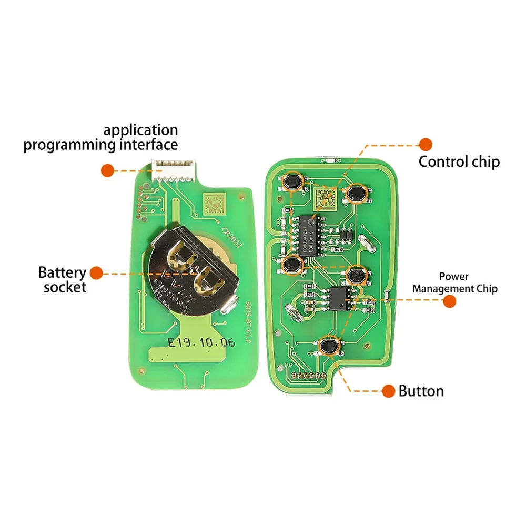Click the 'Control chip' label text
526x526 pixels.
click(459, 161)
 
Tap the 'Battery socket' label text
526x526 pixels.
click(62, 280)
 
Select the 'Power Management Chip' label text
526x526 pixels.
click(454, 282)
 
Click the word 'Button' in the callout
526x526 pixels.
click(421, 391)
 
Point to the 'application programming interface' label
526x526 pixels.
click(100, 137)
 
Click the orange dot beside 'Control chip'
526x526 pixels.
click(425, 144)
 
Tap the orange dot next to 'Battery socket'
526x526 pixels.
click(96, 272)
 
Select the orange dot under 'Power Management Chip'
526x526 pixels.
click(449, 301)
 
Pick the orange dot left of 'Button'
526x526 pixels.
click(388, 391)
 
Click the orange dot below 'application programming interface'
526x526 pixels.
click(108, 170)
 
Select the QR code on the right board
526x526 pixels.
click(326, 199)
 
